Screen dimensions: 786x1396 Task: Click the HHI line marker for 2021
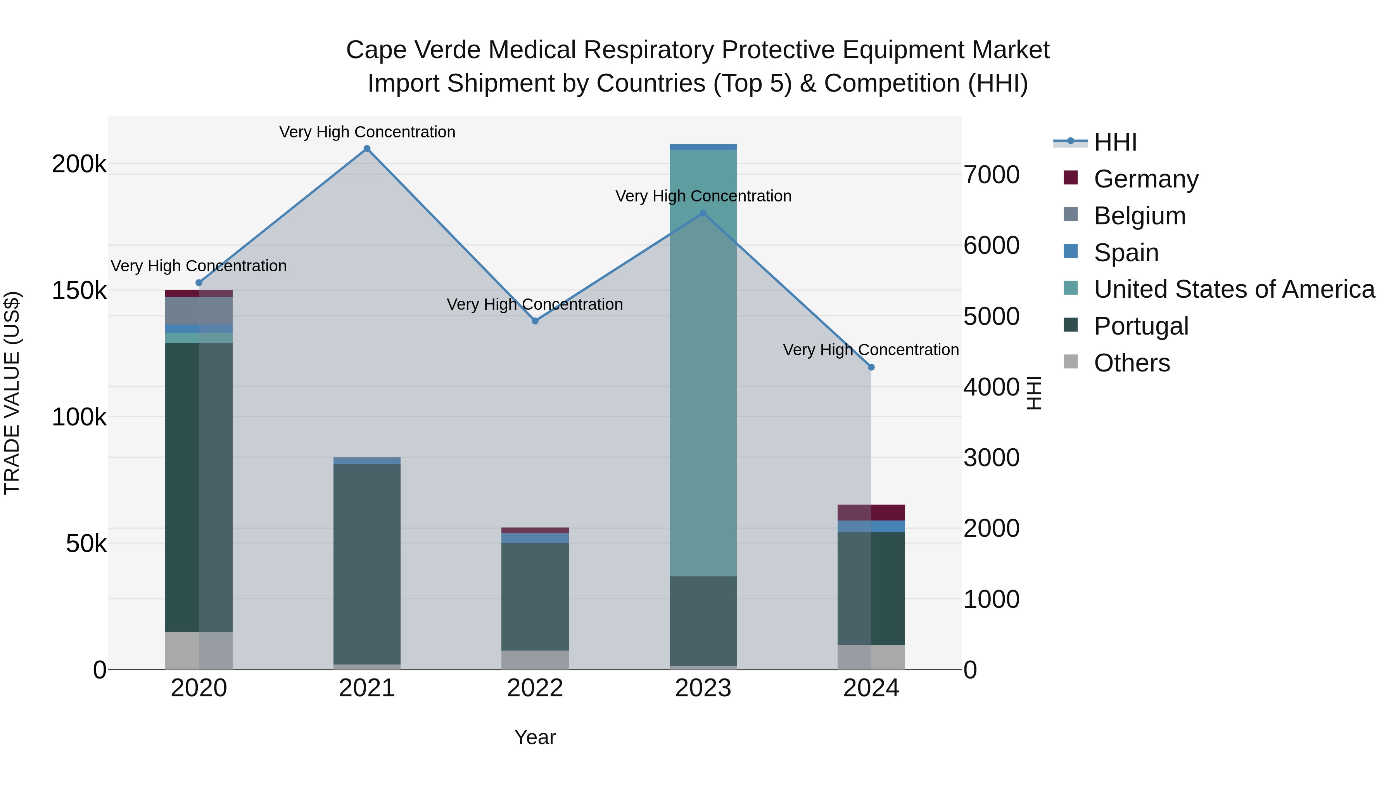tap(367, 149)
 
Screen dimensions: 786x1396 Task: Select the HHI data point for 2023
tap(703, 213)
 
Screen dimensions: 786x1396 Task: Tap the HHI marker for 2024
tap(871, 367)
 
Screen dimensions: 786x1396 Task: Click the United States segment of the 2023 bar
tap(703, 363)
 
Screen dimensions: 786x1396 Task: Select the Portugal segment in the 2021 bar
tap(367, 564)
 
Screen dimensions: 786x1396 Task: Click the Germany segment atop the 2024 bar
tap(871, 513)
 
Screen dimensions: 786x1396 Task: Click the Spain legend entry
tap(1126, 253)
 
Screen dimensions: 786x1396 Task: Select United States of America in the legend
tap(1234, 289)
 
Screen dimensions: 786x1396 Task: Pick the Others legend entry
tap(1131, 363)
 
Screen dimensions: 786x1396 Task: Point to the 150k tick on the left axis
tap(79, 291)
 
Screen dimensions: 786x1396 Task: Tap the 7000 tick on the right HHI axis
tap(991, 175)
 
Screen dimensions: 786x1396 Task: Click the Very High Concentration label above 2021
tap(367, 132)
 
